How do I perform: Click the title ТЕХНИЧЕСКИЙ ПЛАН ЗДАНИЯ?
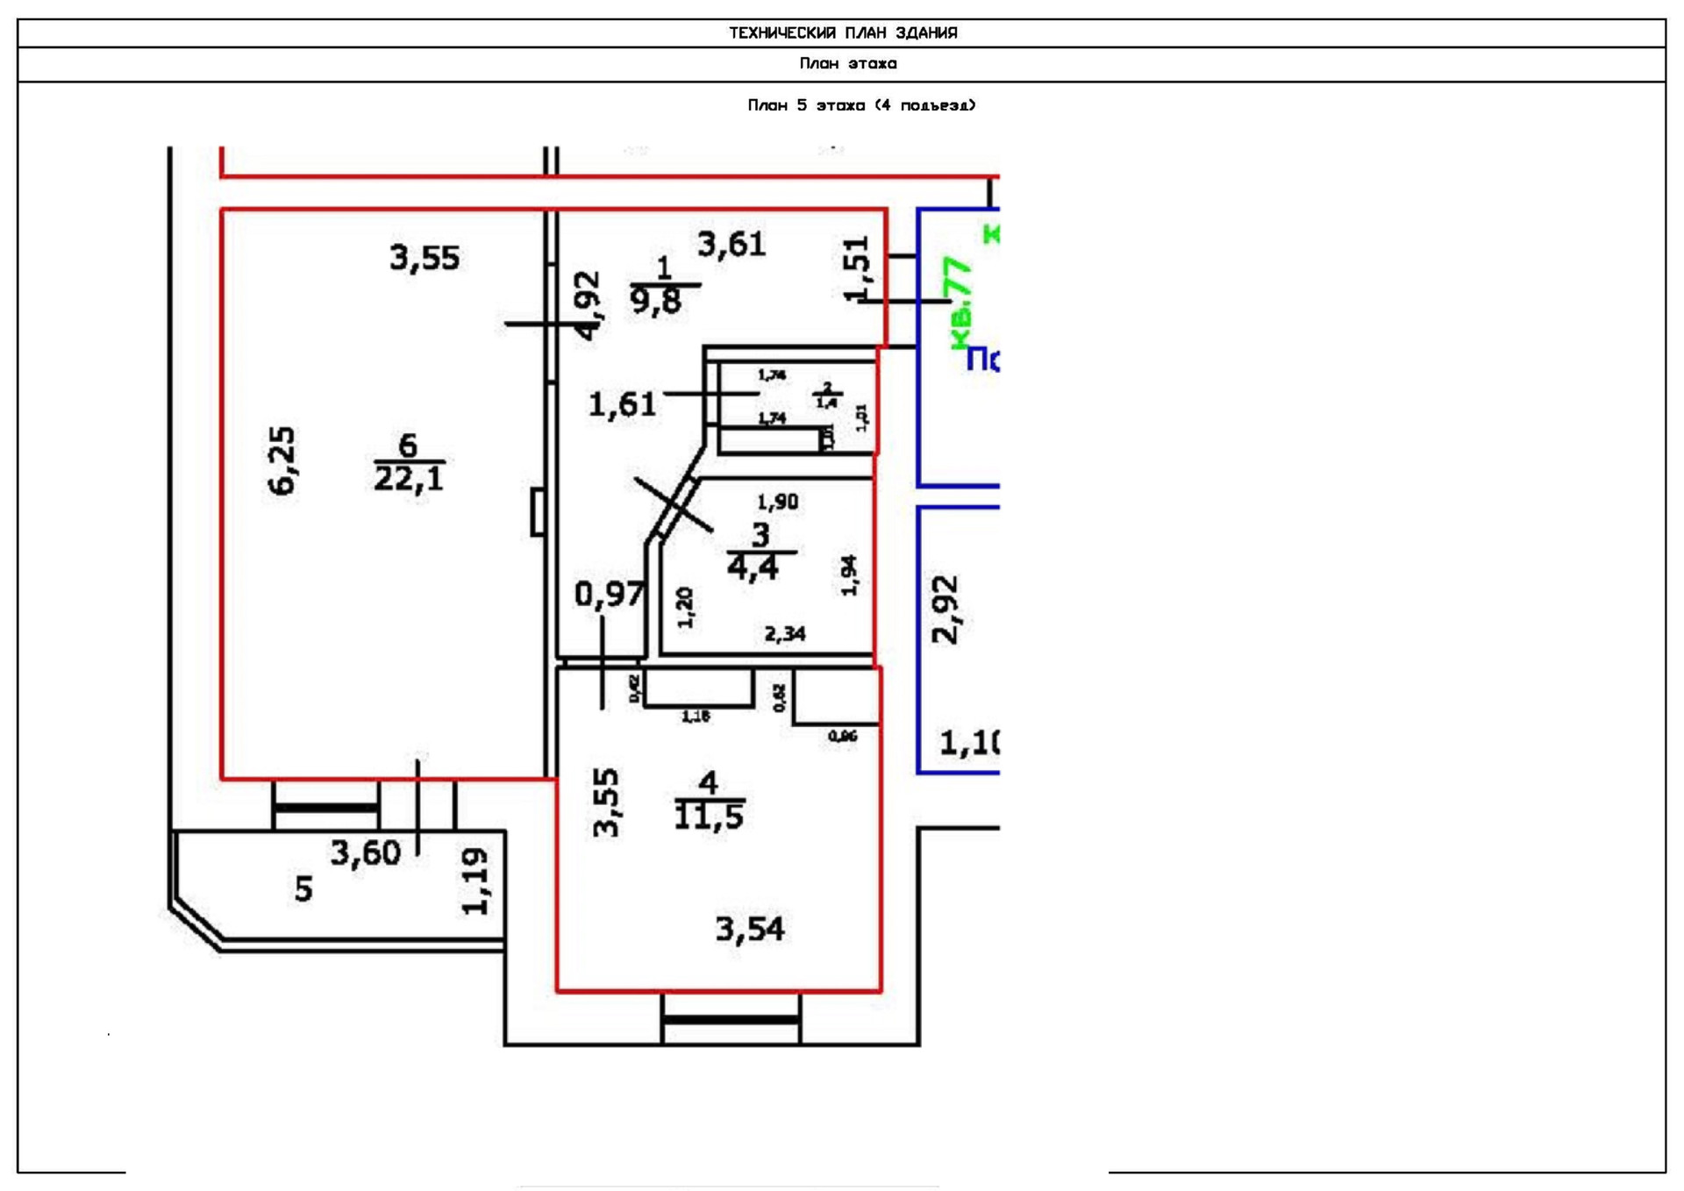(843, 33)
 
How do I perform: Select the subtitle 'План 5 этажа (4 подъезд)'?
(861, 105)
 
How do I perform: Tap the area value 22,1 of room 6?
(409, 479)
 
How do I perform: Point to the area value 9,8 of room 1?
(655, 302)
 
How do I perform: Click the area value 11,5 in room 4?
(709, 817)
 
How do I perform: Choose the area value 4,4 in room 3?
(753, 568)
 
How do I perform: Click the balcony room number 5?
(303, 889)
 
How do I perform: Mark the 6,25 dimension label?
(282, 461)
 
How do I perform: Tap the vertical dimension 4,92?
(588, 305)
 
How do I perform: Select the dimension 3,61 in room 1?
(731, 244)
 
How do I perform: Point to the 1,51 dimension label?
(857, 268)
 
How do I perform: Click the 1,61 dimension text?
(622, 404)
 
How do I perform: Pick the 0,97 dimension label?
(610, 595)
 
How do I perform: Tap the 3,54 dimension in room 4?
(750, 929)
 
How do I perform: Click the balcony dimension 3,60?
(365, 852)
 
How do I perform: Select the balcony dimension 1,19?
(475, 881)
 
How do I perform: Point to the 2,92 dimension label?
(945, 610)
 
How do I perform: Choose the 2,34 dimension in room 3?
(785, 633)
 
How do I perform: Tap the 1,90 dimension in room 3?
(777, 502)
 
